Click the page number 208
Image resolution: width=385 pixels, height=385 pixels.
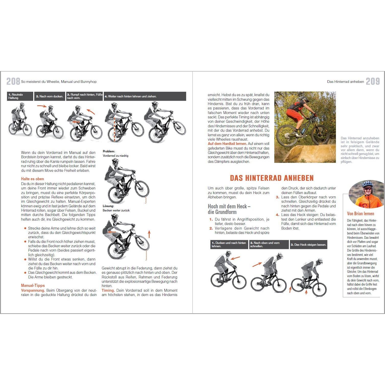pyautogui.click(x=13, y=82)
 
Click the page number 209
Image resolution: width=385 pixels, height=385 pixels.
pyautogui.click(x=373, y=82)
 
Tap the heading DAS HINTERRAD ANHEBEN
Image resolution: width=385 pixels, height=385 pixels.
pyautogui.click(x=272, y=178)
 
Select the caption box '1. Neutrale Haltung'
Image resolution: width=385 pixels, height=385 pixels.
pyautogui.click(x=20, y=96)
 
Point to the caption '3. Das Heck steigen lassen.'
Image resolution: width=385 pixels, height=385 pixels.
pyautogui.click(x=308, y=245)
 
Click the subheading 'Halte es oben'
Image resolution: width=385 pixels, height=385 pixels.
pyautogui.click(x=32, y=179)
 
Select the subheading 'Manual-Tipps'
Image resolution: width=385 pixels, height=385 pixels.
pyautogui.click(x=33, y=286)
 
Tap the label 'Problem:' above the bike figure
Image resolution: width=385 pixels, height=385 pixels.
pyautogui.click(x=109, y=151)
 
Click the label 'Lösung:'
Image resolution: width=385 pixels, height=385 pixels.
pyautogui.click(x=108, y=206)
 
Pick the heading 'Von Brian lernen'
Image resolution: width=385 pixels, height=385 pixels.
pyautogui.click(x=360, y=214)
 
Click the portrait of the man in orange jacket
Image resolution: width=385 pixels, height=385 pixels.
pyautogui.click(x=366, y=194)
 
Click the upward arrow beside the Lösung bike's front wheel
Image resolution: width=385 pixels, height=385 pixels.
pyautogui.click(x=149, y=234)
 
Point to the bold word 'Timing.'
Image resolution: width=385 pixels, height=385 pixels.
pyautogui.click(x=108, y=290)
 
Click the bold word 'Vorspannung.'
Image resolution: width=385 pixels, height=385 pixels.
pyautogui.click(x=33, y=290)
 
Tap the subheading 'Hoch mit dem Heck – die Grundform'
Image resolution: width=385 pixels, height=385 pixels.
pyautogui.click(x=229, y=209)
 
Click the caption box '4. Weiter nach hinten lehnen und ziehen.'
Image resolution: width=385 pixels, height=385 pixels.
pyautogui.click(x=145, y=96)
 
